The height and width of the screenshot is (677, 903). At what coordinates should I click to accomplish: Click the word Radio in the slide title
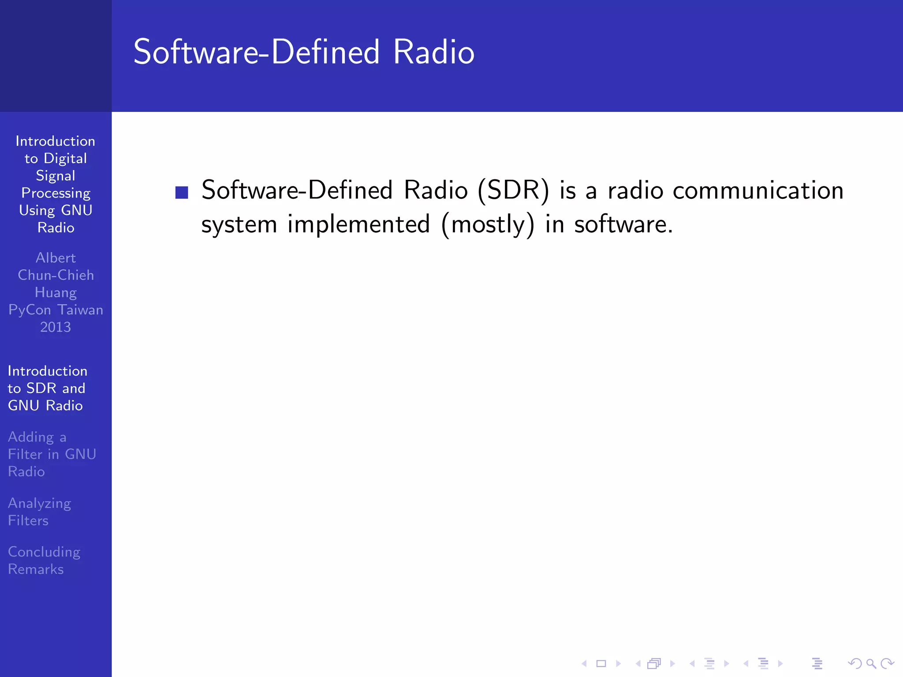(x=433, y=52)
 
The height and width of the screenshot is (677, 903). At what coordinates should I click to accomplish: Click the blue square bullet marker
(x=182, y=193)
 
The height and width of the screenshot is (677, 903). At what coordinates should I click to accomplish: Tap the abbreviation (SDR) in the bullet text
(x=514, y=191)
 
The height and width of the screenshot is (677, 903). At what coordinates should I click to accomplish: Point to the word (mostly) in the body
(x=488, y=225)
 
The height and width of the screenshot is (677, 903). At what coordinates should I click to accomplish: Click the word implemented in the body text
(x=358, y=224)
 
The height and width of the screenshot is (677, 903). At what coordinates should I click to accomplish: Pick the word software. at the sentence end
(x=623, y=224)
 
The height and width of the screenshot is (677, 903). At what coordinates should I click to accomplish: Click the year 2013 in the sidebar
(x=56, y=327)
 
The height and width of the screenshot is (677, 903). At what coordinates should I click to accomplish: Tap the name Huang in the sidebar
(x=56, y=293)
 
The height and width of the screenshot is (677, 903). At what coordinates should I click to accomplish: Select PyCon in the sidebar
(x=30, y=310)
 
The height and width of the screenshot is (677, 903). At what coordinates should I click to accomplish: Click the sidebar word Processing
(x=56, y=193)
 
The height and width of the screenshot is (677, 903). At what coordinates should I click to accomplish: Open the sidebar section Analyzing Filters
(x=40, y=512)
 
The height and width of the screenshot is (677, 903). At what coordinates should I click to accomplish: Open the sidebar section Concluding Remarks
(x=44, y=560)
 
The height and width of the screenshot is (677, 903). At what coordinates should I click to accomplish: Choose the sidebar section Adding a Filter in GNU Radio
(x=52, y=454)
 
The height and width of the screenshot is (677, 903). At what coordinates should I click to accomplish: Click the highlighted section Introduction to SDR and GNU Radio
(x=47, y=388)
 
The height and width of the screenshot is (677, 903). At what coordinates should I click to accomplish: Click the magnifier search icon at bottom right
(x=871, y=663)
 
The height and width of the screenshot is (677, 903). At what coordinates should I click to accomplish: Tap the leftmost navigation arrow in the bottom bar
(x=584, y=663)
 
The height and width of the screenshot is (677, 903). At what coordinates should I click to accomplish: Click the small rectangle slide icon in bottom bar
(x=601, y=663)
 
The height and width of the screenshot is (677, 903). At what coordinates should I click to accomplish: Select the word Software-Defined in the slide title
(x=256, y=52)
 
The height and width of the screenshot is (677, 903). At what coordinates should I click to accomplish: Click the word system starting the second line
(x=239, y=225)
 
